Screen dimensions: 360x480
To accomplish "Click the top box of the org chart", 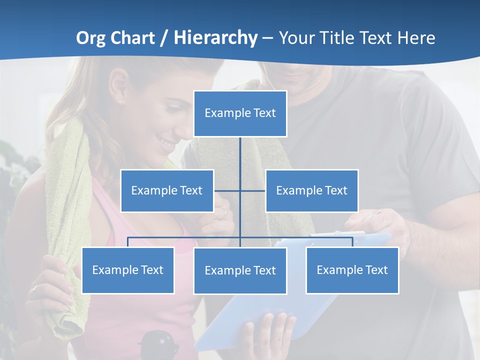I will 240,113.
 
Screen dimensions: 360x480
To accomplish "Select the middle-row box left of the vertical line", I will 167,190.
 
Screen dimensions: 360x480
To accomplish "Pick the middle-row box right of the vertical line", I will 311,190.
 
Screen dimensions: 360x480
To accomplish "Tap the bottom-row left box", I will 128,270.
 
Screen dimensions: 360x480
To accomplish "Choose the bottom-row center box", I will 240,270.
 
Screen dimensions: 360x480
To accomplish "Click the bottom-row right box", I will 352,270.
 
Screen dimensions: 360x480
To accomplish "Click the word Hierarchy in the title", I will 215,37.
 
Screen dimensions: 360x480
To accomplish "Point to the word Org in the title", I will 91,38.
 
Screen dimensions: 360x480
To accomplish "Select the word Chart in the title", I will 132,37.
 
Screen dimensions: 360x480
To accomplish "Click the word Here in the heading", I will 416,38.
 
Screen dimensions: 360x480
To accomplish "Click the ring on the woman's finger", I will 33,288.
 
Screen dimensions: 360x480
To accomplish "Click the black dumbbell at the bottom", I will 158,344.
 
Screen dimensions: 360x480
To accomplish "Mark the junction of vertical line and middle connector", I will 240,190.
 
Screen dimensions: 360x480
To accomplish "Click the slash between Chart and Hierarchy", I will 164,38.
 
